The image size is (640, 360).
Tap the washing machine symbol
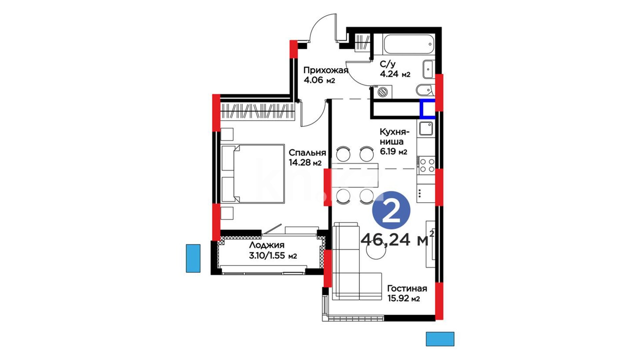383,92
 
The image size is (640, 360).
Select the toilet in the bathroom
425,90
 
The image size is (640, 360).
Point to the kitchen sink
426,128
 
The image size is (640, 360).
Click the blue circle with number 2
391,210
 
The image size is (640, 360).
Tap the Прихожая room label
326,70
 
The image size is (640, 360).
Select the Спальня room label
307,153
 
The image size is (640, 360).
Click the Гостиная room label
407,288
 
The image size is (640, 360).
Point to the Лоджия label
267,245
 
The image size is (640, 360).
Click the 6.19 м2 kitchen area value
394,152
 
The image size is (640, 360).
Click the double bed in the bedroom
253,173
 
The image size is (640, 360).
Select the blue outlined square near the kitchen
428,109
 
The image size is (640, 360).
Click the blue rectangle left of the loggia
193,258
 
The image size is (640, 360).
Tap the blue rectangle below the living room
440,339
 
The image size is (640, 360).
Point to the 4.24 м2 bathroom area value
395,74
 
